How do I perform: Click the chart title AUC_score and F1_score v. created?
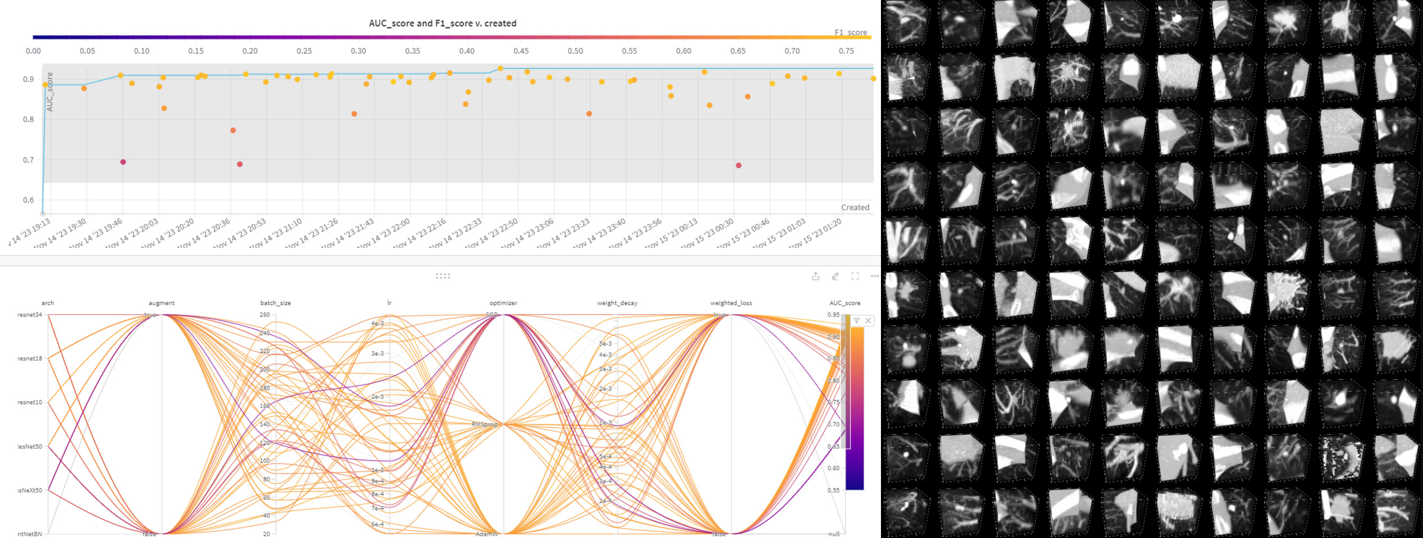click(x=442, y=24)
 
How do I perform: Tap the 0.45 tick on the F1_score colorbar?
click(x=521, y=51)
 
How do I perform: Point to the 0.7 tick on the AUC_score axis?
click(x=28, y=160)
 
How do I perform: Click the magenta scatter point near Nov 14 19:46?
click(x=123, y=162)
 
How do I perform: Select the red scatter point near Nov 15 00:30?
click(x=738, y=165)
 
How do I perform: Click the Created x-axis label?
click(x=855, y=208)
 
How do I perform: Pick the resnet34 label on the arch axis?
click(x=30, y=315)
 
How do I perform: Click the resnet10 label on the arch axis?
click(x=30, y=402)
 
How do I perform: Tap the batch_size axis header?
click(x=275, y=303)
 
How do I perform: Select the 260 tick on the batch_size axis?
click(x=265, y=315)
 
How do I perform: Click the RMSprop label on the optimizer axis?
click(x=485, y=425)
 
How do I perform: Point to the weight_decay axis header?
click(x=617, y=303)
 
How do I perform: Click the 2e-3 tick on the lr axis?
click(x=377, y=397)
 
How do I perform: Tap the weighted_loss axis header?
click(x=731, y=303)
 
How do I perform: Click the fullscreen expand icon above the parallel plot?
click(x=855, y=276)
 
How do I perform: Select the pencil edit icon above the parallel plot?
click(x=835, y=276)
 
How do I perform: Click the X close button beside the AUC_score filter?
click(x=868, y=321)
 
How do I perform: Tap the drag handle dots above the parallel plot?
click(x=443, y=276)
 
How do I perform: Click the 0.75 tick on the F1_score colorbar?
click(x=846, y=51)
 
